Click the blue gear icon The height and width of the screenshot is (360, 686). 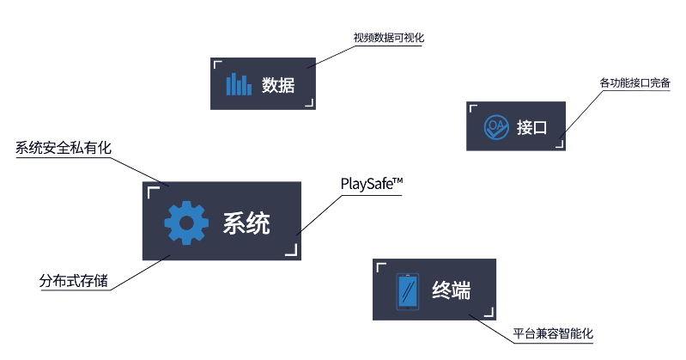click(186, 223)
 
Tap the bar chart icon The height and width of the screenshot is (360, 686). click(239, 84)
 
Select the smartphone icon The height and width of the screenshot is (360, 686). click(407, 290)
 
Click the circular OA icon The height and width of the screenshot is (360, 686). click(495, 127)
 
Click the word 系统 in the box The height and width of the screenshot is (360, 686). click(246, 223)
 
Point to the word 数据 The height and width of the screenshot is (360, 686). click(278, 84)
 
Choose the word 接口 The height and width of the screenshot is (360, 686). click(531, 128)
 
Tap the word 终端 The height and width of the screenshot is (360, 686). click(451, 290)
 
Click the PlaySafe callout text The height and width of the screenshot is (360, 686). click(372, 184)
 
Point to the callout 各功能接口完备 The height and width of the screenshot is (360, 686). click(634, 83)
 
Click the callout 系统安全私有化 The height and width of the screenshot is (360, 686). click(64, 148)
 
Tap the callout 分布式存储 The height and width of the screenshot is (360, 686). click(74, 281)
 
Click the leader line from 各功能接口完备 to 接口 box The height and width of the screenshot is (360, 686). click(582, 113)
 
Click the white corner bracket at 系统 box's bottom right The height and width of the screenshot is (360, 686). click(292, 251)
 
